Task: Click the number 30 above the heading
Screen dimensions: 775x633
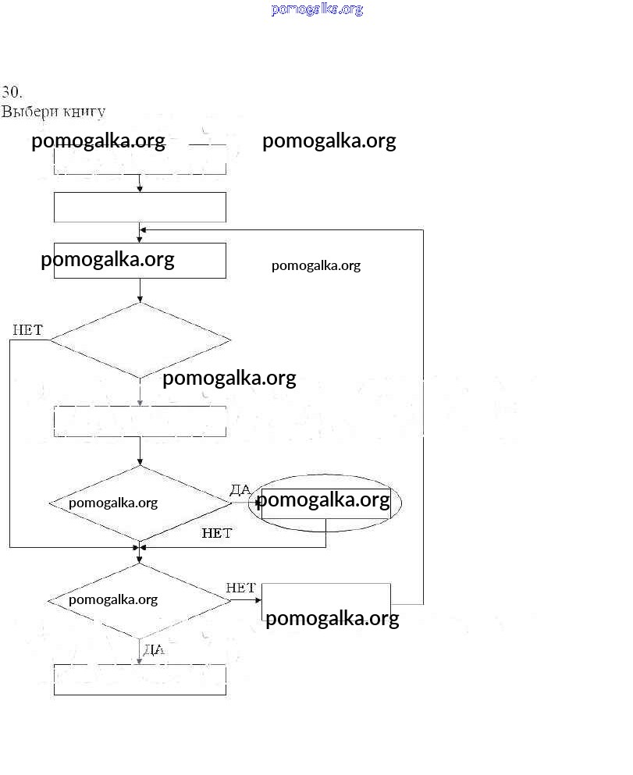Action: coord(11,91)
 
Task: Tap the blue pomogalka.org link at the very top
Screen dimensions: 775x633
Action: coord(317,9)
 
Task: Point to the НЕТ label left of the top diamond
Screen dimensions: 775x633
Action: coord(27,330)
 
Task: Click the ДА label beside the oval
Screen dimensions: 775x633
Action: coord(240,489)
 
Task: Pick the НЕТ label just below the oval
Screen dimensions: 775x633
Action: coord(216,534)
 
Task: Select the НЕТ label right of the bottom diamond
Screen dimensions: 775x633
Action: coord(240,588)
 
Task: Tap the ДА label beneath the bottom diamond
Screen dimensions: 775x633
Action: coord(153,649)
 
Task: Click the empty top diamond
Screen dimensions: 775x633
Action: coord(140,340)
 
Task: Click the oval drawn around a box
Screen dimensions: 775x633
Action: coord(325,504)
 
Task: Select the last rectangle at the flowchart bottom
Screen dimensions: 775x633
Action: coord(140,679)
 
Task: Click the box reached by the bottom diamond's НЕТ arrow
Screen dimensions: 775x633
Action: coord(326,603)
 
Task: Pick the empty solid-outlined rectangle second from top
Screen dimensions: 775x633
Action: coord(140,207)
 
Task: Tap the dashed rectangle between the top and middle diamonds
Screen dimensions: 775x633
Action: coord(140,421)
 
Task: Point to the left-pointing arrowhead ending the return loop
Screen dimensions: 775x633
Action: coord(144,229)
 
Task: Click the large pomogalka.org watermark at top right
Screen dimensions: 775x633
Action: coord(329,141)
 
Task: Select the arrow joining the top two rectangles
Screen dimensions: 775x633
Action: coord(140,183)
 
